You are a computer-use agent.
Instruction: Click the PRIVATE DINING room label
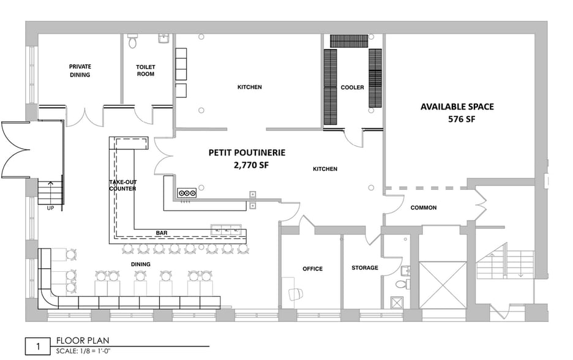[80, 70]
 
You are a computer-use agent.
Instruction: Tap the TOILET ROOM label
[146, 70]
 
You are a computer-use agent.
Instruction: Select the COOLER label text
[352, 88]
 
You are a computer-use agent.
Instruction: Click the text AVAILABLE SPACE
[457, 107]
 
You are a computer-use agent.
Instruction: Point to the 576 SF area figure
[462, 119]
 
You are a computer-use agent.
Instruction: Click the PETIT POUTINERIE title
[247, 152]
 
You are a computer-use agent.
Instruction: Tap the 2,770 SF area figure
[250, 165]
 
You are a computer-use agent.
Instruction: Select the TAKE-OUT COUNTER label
[122, 186]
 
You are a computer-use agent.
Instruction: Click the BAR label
[162, 233]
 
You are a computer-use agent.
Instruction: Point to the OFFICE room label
[312, 269]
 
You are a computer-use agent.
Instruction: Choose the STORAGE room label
[364, 268]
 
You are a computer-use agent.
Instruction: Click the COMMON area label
[423, 208]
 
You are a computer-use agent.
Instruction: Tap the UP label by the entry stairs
[51, 208]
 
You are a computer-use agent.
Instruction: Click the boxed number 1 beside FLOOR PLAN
[37, 347]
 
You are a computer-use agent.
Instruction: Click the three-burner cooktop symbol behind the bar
[186, 193]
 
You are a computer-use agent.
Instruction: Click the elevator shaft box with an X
[443, 285]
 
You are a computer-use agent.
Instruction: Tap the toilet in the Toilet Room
[133, 42]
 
